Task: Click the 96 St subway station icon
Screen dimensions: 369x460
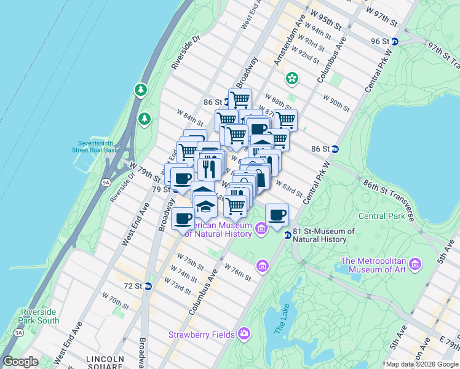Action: pos(395,41)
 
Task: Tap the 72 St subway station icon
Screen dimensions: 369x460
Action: pos(148,286)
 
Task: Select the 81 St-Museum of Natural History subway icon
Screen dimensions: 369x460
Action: pos(287,235)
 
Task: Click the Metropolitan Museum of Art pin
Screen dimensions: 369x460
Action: pos(416,264)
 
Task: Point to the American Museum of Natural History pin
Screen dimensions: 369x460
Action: pos(261,229)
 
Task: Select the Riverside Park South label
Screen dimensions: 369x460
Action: pos(40,316)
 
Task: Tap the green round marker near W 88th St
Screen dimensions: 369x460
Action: pos(291,79)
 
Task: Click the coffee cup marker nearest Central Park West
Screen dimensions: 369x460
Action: pos(277,215)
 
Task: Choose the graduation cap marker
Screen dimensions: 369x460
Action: pos(206,207)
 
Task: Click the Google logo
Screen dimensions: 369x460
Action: pos(20,362)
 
